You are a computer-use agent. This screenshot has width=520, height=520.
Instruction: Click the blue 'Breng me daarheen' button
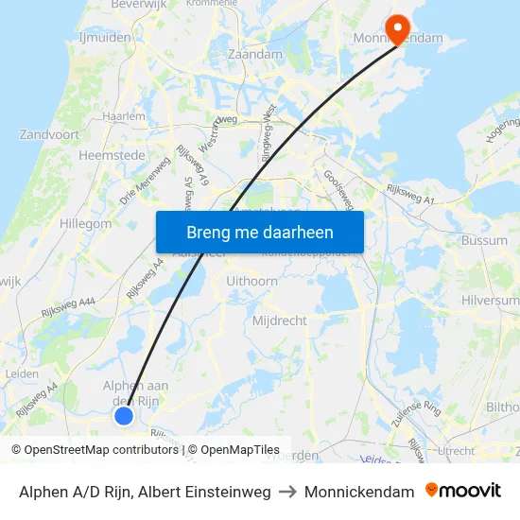point(260,232)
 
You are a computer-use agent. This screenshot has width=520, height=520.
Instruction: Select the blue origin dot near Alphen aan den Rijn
point(124,416)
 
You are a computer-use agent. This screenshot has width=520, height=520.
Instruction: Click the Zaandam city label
point(255,55)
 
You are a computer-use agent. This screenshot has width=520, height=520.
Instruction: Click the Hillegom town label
point(85,224)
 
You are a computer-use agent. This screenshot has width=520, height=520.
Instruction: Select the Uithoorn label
point(252,281)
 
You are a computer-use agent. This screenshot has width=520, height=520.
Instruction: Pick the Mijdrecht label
point(280,321)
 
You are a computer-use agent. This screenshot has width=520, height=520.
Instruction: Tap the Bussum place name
point(485,241)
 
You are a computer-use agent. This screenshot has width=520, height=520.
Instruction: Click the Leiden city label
point(22,373)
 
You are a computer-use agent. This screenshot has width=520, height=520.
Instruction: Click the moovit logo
point(463,491)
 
